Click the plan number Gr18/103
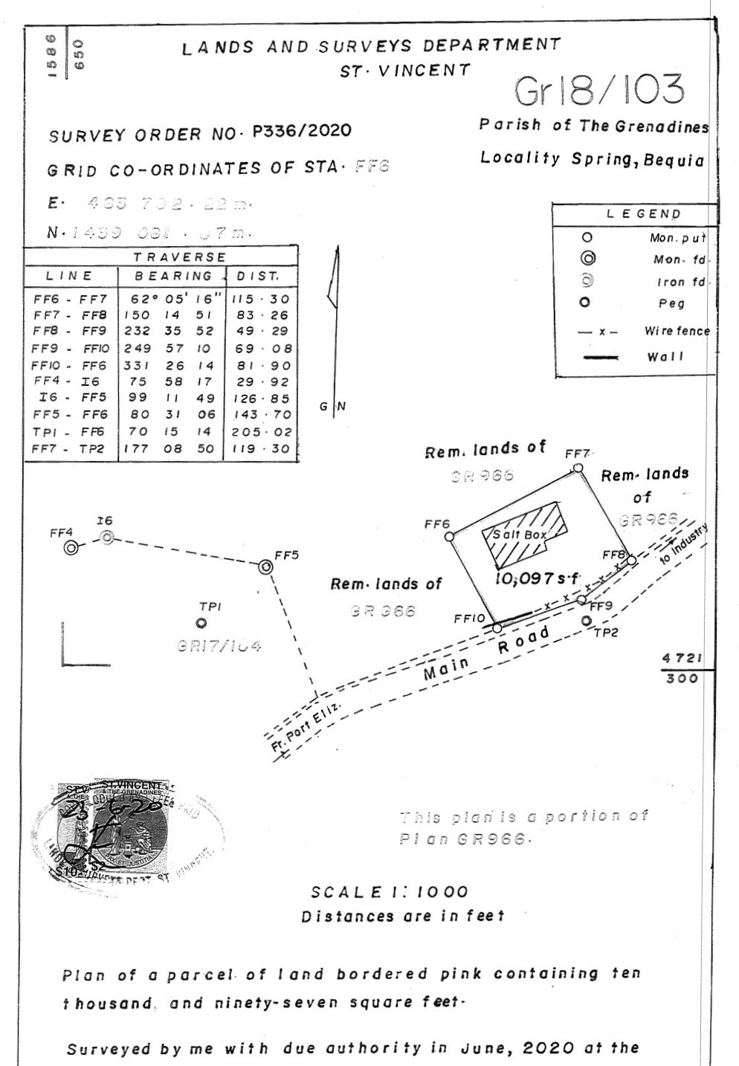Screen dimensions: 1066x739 (598, 91)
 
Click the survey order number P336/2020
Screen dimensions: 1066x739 (302, 132)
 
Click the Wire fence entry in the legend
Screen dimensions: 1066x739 (677, 332)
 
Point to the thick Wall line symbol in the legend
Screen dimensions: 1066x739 (598, 358)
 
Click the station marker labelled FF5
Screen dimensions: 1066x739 (265, 567)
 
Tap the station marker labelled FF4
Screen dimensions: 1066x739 (71, 549)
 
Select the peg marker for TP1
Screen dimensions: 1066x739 (201, 623)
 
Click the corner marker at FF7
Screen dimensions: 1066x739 (578, 468)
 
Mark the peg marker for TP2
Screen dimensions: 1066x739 (586, 620)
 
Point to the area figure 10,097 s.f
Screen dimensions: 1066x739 (537, 579)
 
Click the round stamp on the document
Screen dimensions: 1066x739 (126, 832)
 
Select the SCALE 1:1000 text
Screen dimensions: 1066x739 (390, 892)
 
